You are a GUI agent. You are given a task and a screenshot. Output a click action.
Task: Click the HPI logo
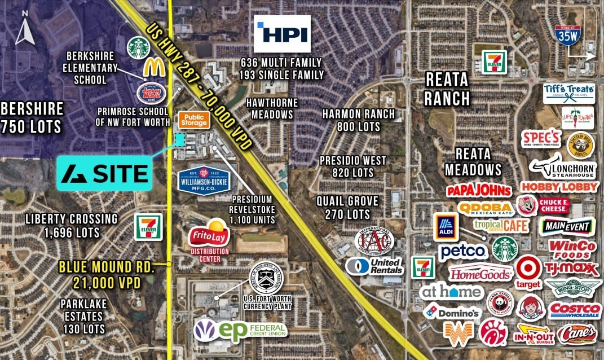[x=283, y=34]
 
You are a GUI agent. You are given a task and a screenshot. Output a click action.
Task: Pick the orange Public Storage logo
[x=195, y=119]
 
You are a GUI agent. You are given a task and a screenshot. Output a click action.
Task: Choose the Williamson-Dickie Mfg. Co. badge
[x=204, y=179]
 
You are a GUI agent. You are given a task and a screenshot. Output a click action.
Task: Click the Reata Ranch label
[x=447, y=90]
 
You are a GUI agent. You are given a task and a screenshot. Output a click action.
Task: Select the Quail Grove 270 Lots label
[x=347, y=207]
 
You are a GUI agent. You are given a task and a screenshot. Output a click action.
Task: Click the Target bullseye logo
[x=528, y=270]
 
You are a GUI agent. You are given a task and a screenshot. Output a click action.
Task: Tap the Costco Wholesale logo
[x=575, y=310]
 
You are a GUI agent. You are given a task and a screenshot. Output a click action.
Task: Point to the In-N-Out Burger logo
[x=531, y=334]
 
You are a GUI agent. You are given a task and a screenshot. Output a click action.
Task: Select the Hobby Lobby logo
[x=559, y=186]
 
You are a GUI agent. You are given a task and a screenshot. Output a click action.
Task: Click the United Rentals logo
[x=374, y=266]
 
